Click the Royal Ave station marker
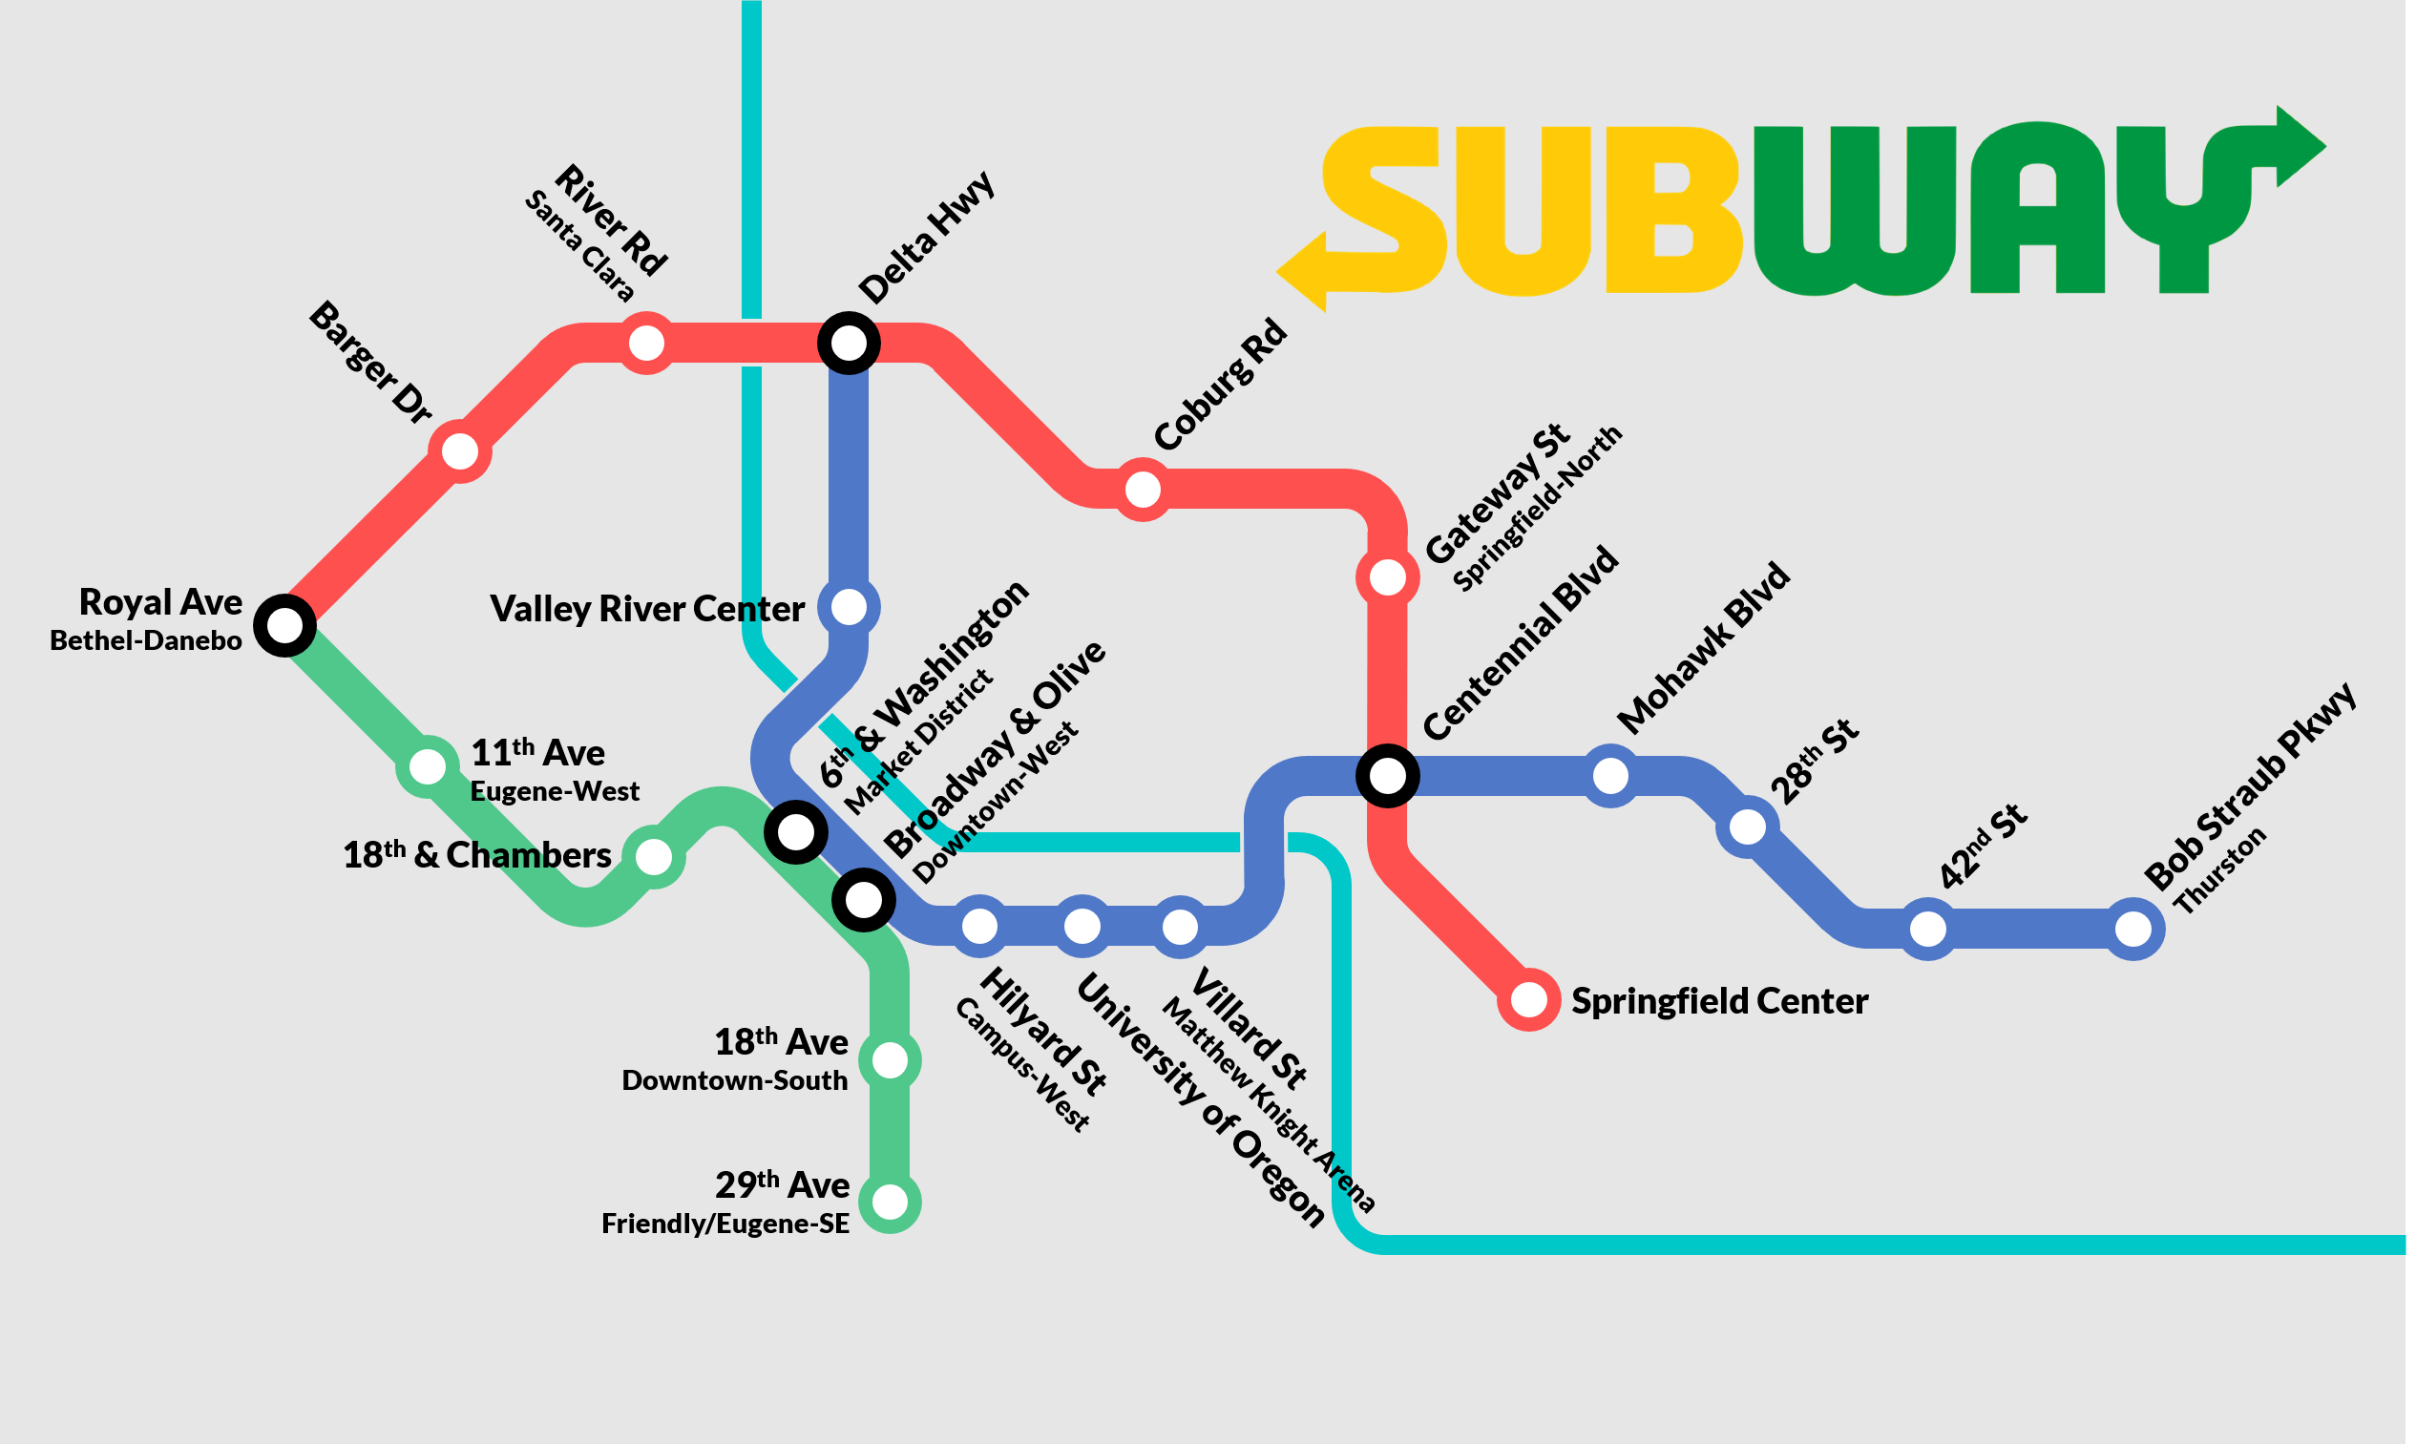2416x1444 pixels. [x=284, y=625]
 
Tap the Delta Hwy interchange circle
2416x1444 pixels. [x=849, y=343]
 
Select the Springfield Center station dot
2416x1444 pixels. [x=1528, y=999]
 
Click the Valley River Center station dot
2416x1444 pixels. [x=849, y=606]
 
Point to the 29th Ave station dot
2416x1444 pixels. [x=890, y=1202]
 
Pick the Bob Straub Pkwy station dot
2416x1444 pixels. [x=2132, y=929]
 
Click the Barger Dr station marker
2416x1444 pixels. [x=459, y=451]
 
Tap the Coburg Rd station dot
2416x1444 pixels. [x=1143, y=490]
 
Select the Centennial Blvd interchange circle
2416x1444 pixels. [x=1388, y=776]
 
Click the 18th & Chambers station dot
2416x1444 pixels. [x=653, y=856]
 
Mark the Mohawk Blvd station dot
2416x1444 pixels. [x=1610, y=776]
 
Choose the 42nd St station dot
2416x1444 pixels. [x=1927, y=929]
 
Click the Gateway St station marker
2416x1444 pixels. [x=1388, y=577]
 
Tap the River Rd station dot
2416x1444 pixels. [x=646, y=343]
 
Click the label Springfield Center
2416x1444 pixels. [x=1719, y=1000]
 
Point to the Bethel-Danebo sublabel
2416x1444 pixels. [x=146, y=640]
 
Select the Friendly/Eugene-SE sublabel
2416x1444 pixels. [x=725, y=1224]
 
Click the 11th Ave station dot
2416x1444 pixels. [x=427, y=766]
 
